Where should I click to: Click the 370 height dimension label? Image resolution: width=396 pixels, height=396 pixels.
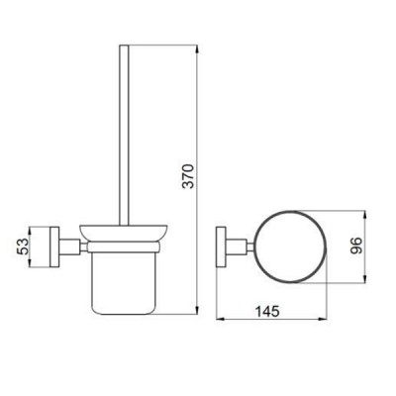coord(189,175)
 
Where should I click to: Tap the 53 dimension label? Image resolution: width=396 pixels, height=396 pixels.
coord(23,247)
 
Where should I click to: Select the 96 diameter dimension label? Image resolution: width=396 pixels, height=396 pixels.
coord(356,246)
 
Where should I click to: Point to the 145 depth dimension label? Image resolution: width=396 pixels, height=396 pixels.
coord(267,311)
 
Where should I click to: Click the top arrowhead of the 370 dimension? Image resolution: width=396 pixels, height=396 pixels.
coord(197,49)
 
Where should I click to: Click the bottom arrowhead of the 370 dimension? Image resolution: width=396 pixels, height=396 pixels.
coord(197,310)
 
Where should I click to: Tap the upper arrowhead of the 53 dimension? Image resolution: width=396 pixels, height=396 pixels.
coord(30,231)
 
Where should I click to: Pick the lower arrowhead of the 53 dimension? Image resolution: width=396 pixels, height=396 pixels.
coord(30,263)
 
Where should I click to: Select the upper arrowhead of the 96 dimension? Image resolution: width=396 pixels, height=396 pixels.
coord(364,215)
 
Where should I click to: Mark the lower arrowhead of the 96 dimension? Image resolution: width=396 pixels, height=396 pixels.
coord(364,279)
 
